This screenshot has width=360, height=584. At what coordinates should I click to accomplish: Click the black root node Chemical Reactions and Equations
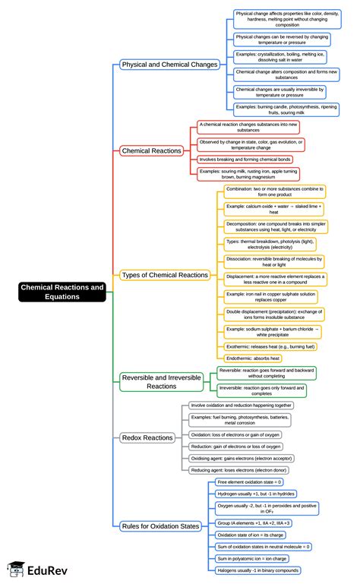62,292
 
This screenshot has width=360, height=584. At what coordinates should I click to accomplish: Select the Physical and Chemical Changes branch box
169,65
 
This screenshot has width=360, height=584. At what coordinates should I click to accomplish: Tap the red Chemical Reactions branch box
151,150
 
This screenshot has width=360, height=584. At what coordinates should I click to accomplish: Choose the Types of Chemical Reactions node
164,275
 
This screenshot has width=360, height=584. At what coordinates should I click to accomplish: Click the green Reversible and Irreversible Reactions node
165,381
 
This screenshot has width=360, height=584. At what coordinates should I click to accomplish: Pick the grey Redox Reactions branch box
147,437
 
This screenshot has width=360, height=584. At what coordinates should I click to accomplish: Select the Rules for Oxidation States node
161,526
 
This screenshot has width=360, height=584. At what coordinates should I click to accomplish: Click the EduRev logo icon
17,569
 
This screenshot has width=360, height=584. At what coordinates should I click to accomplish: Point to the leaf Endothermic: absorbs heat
253,358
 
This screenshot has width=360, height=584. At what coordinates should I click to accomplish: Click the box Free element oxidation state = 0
249,481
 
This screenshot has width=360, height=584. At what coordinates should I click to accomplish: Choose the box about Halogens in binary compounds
257,570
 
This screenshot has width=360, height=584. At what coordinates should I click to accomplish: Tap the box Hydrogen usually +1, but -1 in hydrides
256,493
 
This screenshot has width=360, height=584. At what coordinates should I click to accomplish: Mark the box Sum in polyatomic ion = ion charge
254,558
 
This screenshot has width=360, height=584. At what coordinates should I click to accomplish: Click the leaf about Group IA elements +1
254,523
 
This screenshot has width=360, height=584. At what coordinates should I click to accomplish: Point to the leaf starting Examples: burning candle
286,109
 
